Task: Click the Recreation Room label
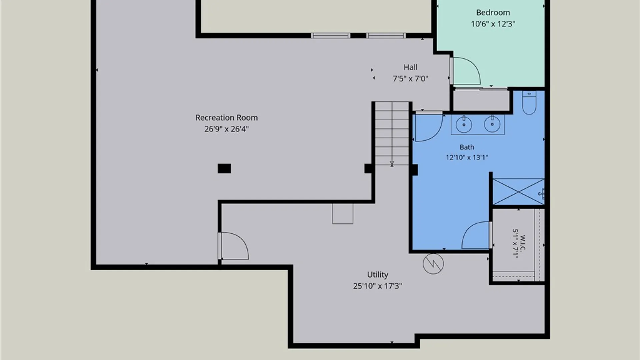point(226,118)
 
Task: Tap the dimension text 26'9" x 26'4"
point(226,129)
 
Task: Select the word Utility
point(377,275)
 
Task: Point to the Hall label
point(410,67)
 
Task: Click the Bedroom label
point(493,13)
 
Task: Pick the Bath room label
point(467,147)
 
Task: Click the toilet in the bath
point(529,102)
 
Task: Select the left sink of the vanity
point(464,124)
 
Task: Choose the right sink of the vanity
point(492,124)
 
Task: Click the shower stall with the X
point(518,192)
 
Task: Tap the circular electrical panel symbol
point(433,264)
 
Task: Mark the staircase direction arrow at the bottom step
point(392,163)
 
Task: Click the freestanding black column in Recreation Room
point(224,168)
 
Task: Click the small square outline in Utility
point(343,214)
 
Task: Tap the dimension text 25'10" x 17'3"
point(377,286)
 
